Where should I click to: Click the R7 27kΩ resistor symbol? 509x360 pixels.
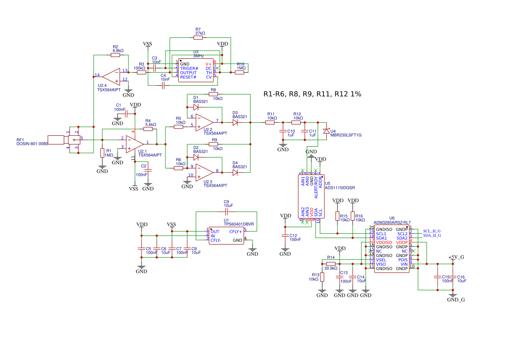198,38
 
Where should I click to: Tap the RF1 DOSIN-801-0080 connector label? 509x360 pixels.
32,144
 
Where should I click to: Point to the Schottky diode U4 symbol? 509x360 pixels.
326,131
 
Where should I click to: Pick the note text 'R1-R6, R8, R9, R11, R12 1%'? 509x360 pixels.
312,94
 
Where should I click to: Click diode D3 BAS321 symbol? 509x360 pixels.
236,123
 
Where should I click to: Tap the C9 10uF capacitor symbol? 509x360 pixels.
226,212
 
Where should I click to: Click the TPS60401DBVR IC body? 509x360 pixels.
226,236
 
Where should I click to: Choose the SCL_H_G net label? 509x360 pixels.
431,231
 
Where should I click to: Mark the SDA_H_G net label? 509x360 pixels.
431,236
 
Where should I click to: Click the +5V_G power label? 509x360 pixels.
456,258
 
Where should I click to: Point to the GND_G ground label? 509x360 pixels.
456,299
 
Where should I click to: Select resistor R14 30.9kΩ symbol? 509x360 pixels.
331,264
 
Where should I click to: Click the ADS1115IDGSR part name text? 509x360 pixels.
340,188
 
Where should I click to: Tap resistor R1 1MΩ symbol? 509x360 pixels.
102,153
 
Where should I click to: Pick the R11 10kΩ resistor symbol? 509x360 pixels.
270,123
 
